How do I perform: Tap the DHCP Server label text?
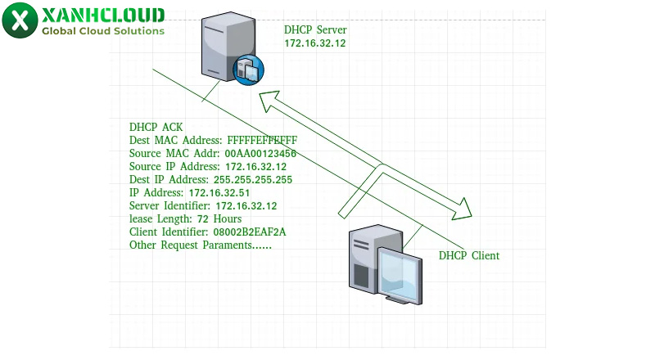coord(315,30)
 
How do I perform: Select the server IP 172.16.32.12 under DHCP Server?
coord(314,43)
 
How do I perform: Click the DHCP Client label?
coord(468,256)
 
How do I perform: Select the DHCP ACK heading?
coord(156,128)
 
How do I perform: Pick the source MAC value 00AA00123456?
coord(260,154)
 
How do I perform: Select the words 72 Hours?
coord(220,219)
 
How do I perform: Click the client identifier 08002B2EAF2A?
coord(251,232)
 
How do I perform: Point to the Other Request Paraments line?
coord(200,245)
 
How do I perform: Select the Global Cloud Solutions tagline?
coord(103,31)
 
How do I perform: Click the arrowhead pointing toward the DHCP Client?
coord(463,209)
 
